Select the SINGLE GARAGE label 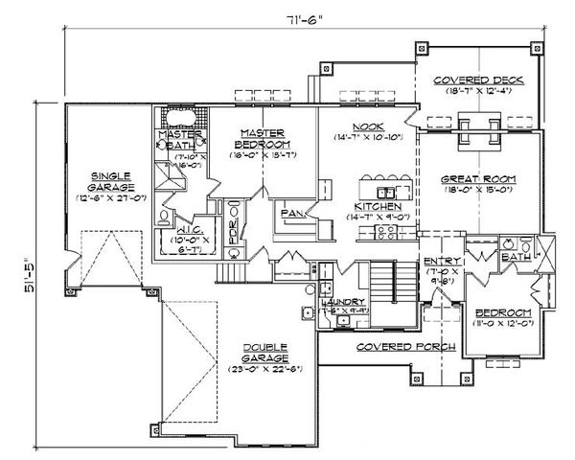109,182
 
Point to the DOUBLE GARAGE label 259,356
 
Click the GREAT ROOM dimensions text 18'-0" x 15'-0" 478,190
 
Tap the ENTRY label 443,261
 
